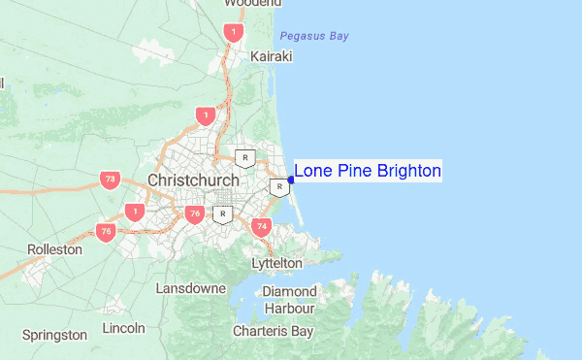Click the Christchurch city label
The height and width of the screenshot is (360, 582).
193,181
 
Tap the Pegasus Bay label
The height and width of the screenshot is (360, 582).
313,37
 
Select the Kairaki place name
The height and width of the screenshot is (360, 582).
271,57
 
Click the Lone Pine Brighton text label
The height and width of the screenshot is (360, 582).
368,172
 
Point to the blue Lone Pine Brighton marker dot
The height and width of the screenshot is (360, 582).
291,180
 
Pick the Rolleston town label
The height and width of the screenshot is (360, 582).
55,249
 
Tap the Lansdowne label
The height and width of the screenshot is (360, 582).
191,289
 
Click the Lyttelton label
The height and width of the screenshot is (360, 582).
276,263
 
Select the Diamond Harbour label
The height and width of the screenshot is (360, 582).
290,300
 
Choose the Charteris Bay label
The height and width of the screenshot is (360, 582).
273,331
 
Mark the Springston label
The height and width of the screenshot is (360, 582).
54,335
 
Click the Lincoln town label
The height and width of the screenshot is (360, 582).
122,327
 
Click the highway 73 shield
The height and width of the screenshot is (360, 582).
109,180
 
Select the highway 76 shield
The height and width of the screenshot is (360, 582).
196,213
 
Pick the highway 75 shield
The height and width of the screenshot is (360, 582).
106,231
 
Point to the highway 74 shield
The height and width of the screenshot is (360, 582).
260,227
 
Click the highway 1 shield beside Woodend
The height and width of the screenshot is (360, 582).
233,33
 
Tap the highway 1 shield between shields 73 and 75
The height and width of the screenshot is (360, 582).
135,211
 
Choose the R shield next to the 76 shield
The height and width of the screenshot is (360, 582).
224,214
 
